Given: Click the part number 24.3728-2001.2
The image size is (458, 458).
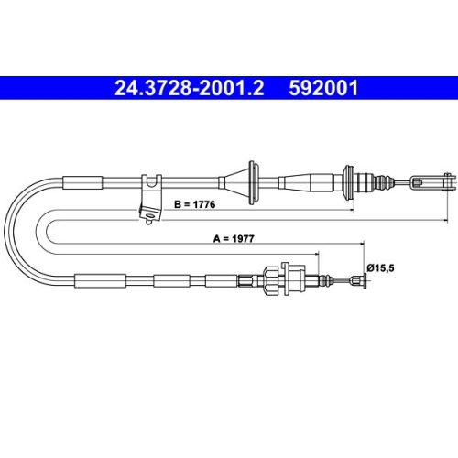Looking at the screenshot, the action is point(189,88).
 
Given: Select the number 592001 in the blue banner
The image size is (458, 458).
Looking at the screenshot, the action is point(323,88).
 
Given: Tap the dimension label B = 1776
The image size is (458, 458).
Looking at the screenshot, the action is point(195,204).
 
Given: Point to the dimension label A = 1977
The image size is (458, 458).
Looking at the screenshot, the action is point(234,238).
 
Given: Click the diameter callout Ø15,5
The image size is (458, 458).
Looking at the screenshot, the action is point(381,268).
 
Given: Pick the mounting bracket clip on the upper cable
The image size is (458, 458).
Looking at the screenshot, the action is point(150,199).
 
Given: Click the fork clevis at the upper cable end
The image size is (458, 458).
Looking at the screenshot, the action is point(432,182).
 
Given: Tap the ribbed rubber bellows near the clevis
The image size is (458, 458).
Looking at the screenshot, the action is point(384,182).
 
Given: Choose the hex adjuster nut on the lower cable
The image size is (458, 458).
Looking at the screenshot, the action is point(271,281).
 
